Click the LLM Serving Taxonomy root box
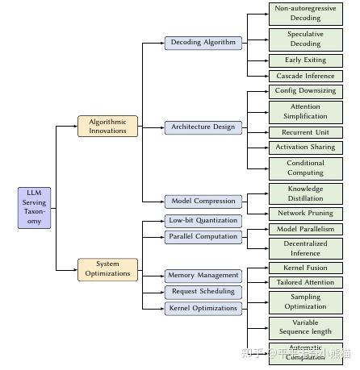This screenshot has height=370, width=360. [x=35, y=207]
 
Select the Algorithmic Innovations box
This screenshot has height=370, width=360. [x=107, y=126]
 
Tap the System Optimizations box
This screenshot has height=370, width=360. [x=107, y=268]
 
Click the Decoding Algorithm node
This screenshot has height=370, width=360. [x=203, y=43]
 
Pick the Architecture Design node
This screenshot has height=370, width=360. [x=203, y=127]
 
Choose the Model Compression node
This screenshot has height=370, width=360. [x=203, y=201]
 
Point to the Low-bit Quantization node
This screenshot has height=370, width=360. [x=203, y=220]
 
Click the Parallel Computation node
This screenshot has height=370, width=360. [x=203, y=236]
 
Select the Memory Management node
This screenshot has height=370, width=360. [x=203, y=275]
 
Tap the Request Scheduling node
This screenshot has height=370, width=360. [x=203, y=291]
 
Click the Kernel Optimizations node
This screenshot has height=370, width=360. [x=203, y=308]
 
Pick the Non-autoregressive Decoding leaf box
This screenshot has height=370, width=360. [x=305, y=13]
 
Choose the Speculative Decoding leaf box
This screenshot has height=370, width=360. [x=305, y=39]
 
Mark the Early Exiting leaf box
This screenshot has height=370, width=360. [x=305, y=60]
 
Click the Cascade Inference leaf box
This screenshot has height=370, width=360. [x=305, y=76]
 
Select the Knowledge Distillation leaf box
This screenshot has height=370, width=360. [x=305, y=193]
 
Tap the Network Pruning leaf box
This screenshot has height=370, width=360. [x=305, y=214]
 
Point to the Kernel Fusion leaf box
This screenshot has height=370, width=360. [x=305, y=267]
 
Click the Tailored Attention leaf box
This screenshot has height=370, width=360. [x=305, y=282]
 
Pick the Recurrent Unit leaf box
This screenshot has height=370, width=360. [x=305, y=132]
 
